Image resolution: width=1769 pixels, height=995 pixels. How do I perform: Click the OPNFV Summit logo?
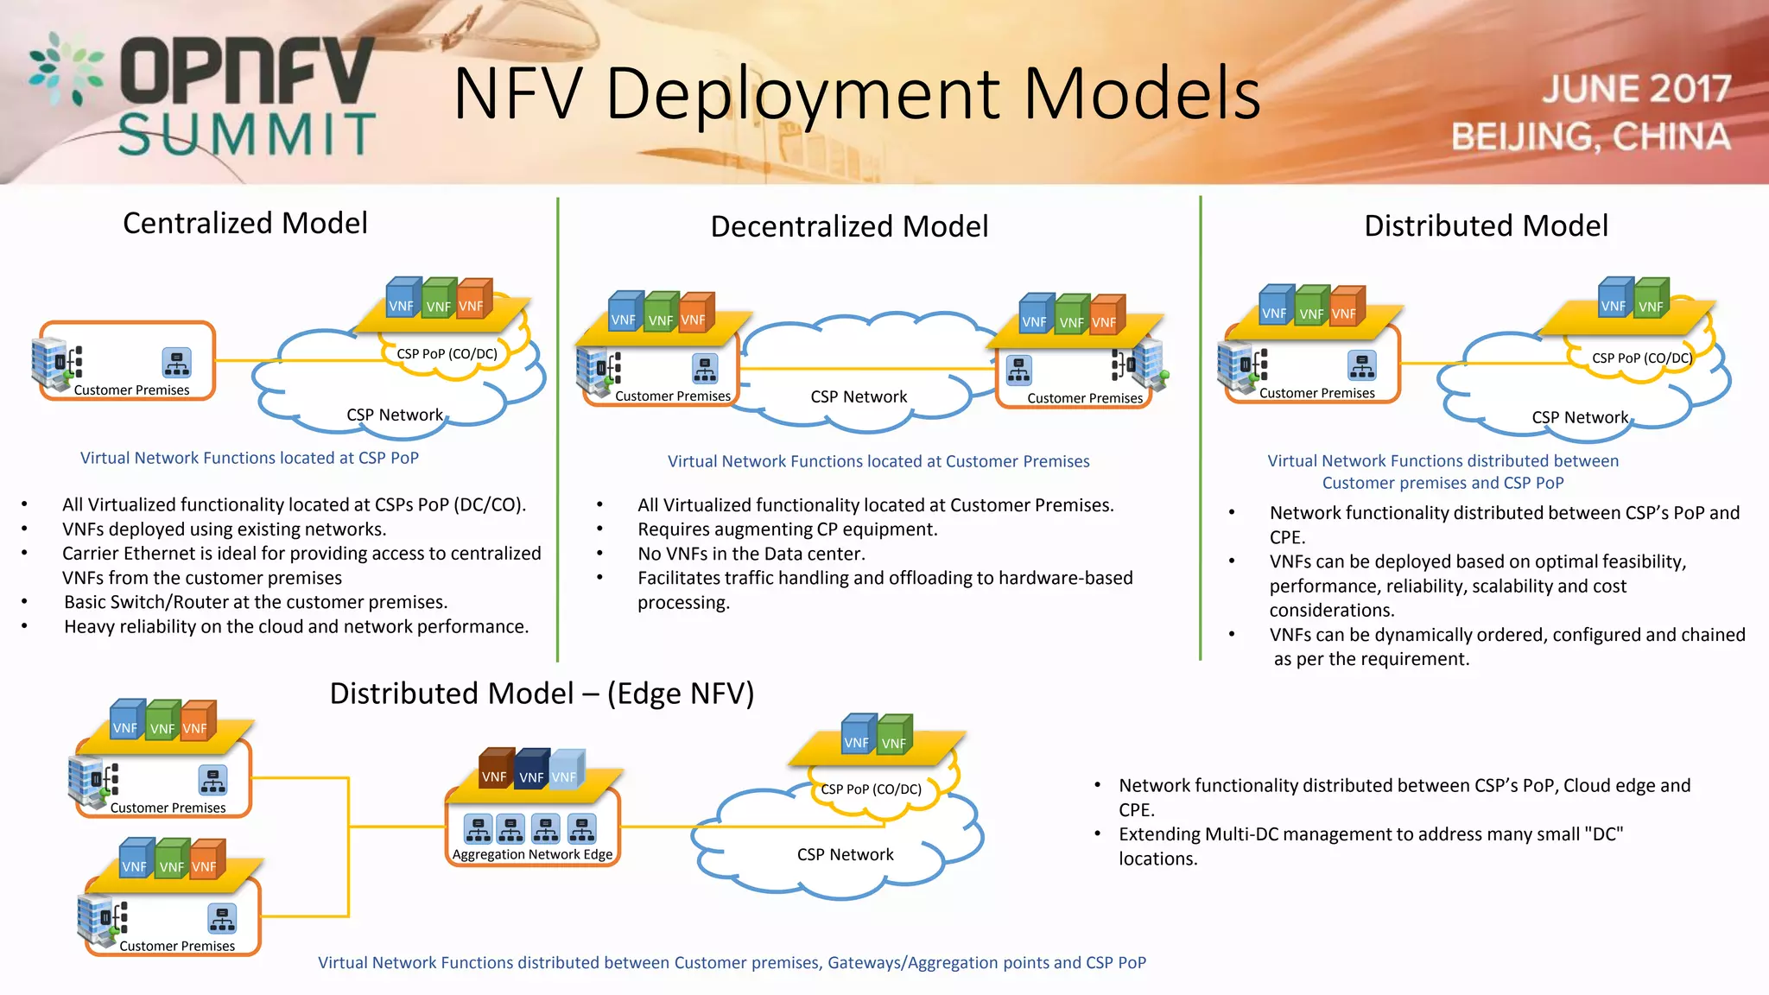(203, 95)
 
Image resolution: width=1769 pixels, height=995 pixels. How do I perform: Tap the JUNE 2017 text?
(1636, 89)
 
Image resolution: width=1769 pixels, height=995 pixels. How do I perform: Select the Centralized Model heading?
(245, 223)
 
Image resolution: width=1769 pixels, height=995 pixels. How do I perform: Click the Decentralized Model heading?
(849, 226)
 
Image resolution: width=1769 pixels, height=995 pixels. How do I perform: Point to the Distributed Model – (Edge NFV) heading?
(542, 694)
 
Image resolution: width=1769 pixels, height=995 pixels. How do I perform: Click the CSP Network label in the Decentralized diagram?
(859, 396)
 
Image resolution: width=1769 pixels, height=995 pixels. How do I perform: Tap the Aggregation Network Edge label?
(532, 854)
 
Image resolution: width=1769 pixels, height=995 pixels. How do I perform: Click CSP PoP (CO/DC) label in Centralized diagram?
(447, 353)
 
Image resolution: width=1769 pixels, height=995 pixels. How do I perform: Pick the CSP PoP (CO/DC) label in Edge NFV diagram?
(871, 789)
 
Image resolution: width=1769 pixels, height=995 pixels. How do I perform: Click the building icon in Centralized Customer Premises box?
(49, 361)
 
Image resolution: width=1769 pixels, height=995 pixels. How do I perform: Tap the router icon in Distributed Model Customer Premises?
(1362, 365)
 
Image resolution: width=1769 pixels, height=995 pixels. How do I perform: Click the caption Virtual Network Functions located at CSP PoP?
(250, 458)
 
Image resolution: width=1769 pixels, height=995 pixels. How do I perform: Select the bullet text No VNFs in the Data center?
(751, 554)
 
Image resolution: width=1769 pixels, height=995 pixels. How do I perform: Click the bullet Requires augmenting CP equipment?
(787, 529)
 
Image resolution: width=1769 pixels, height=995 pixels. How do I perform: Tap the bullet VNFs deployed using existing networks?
(224, 529)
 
